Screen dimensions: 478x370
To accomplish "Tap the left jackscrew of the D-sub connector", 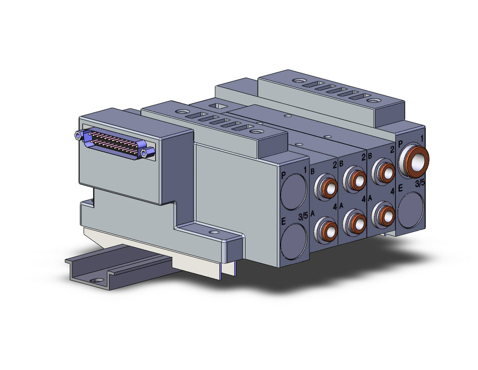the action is coord(78,134).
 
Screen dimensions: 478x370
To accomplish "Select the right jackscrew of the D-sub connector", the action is coord(149,152).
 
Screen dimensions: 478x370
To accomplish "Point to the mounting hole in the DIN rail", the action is coord(98,280).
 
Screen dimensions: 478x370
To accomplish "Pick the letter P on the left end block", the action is coord(283,175).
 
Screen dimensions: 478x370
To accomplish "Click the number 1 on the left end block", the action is coord(304,170).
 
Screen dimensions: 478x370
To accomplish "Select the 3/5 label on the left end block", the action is coord(302,216).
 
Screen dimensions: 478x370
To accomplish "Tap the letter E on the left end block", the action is coord(283,221).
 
